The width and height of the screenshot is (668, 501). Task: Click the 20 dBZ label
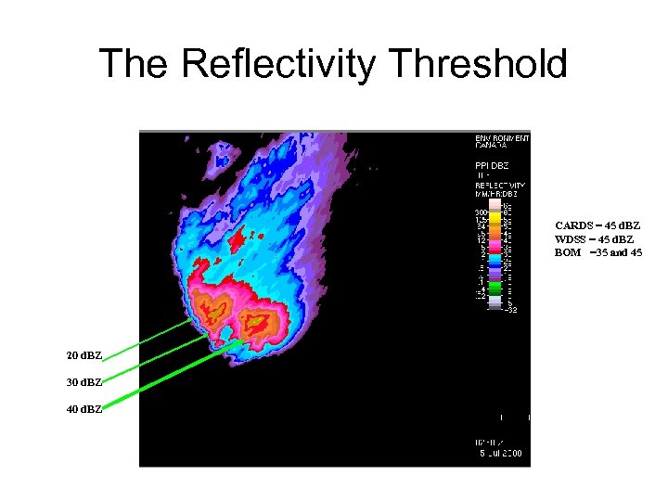click(x=84, y=356)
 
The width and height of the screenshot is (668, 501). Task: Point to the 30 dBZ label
click(x=84, y=381)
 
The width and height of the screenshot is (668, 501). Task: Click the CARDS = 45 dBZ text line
click(x=597, y=225)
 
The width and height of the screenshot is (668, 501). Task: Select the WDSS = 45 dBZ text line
click(x=595, y=239)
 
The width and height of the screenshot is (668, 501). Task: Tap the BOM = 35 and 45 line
click(x=597, y=252)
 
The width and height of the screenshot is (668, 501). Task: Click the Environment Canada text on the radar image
click(x=502, y=142)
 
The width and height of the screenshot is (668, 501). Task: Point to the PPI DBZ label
click(x=494, y=164)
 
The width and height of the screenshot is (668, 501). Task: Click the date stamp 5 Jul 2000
click(x=500, y=452)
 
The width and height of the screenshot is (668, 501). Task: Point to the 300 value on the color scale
click(x=482, y=212)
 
